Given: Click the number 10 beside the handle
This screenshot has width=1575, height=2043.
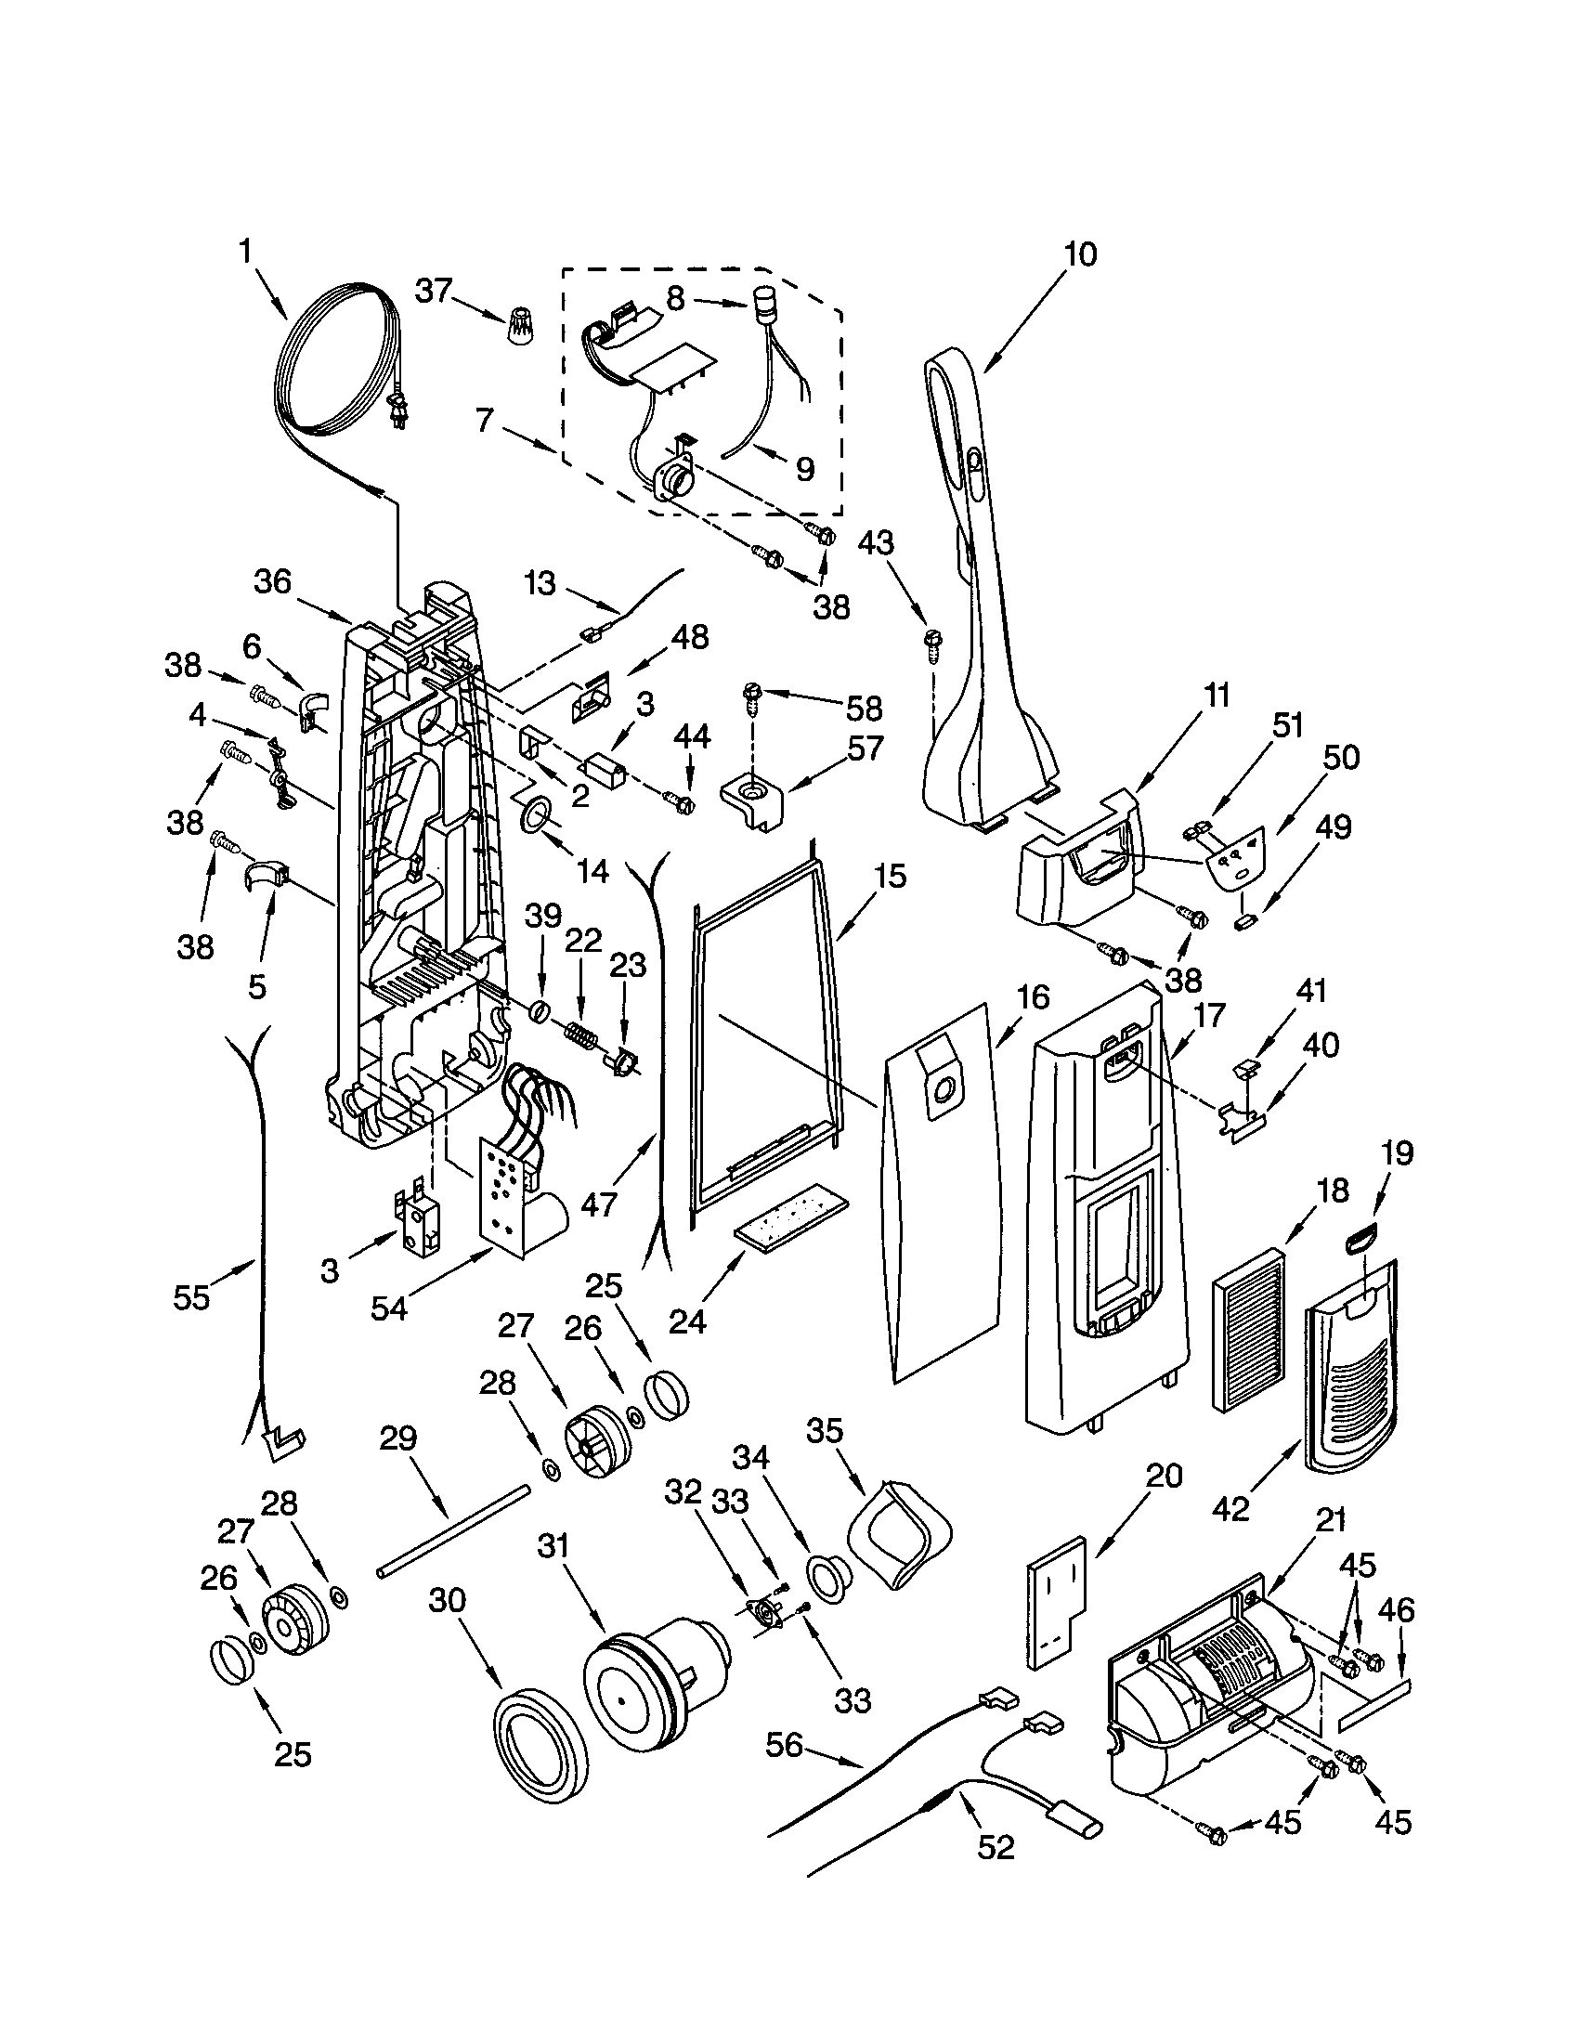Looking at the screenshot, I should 1080,254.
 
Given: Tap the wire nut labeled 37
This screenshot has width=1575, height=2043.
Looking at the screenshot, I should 517,327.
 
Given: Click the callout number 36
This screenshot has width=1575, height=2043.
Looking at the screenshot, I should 273,582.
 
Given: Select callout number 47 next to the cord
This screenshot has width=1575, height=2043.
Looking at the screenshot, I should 599,1203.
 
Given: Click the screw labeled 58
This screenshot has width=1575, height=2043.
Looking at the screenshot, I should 751,693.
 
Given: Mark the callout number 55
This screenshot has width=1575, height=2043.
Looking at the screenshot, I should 191,1296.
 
